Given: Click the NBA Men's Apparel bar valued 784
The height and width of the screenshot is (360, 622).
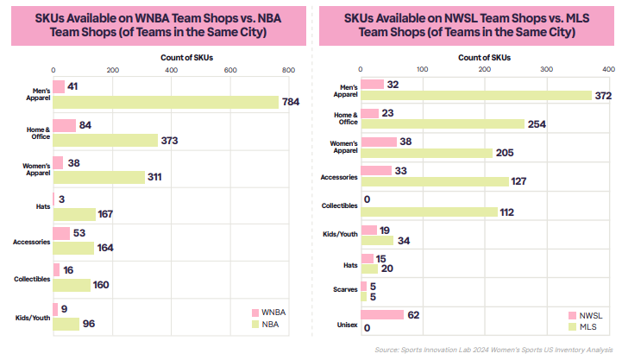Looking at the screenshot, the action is pos(166,102).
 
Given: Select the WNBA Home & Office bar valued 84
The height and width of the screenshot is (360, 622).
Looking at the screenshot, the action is pos(64,125).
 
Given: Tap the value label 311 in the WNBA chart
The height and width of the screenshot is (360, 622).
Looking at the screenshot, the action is pos(154,177).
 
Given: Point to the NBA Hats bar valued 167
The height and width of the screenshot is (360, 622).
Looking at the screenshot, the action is pos(74,214).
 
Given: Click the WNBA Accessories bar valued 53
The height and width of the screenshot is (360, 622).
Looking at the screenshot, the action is pos(61,233).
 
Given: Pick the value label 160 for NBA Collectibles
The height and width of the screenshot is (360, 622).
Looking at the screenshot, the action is pos(101,285).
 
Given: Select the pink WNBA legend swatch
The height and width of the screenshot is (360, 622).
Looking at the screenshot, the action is pos(255,313).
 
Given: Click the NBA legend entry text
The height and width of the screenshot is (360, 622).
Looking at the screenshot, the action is pos(270,325).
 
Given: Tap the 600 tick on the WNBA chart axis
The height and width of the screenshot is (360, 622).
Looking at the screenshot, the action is pos(230,70).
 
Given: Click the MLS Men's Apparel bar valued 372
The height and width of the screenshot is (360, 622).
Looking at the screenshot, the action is pos(476,96).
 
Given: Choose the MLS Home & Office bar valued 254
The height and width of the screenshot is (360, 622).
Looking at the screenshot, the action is pos(443,124).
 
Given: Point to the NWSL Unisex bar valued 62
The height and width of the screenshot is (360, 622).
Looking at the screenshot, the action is pos(382,315).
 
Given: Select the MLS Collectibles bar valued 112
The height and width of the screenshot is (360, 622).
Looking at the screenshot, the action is pos(430,212).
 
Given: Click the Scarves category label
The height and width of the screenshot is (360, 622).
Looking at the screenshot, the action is pos(345,289).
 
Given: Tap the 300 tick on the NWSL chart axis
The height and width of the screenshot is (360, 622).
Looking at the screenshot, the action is pos(546,69).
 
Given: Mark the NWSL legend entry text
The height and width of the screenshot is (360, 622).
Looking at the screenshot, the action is pos(591,316).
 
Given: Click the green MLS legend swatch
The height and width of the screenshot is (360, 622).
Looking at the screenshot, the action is pos(572,327).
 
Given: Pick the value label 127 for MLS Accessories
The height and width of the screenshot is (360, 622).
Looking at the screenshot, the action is pos(518,181).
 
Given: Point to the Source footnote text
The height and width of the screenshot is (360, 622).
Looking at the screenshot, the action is pos(493,350).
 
